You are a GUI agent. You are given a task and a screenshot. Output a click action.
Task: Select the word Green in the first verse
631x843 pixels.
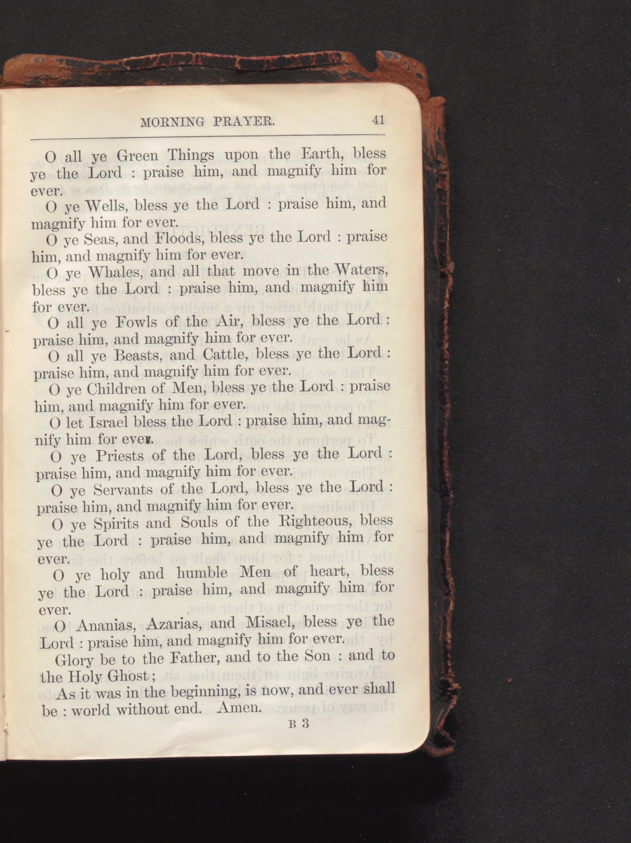coord(137,156)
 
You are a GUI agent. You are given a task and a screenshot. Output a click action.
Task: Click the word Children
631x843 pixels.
coord(122,389)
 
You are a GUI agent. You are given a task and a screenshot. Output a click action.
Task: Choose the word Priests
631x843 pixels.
coord(120,456)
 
